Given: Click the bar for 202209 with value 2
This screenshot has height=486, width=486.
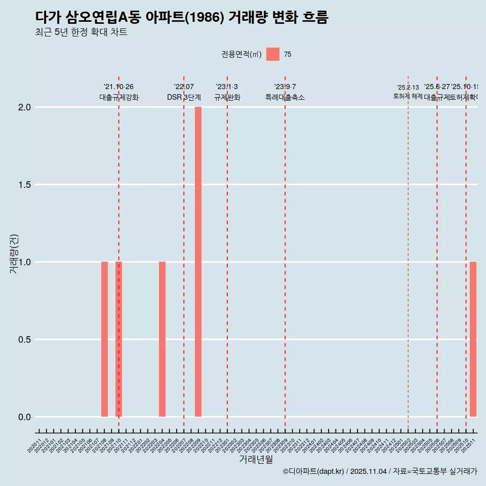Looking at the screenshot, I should pos(198,262).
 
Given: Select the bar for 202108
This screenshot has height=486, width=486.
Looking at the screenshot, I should pos(104,339).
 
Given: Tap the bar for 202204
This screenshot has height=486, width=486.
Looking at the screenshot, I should pos(162,339).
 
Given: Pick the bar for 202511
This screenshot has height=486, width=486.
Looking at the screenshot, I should pos(473,339).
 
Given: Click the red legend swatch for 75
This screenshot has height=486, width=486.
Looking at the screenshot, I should pos(272,54).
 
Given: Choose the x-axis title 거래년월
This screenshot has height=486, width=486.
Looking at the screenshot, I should pos(256,460).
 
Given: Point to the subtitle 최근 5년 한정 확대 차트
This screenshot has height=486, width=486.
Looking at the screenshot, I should pos(81,32).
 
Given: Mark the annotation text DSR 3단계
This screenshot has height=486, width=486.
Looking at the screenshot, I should pos(184,97).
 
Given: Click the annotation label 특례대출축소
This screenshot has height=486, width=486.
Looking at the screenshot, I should pos(285,97).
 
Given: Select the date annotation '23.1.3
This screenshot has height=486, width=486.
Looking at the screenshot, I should pos(227,87).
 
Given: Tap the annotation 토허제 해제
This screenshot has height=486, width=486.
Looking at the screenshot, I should pos(408,96).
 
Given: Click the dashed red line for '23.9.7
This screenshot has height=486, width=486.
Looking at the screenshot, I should pos(285,253).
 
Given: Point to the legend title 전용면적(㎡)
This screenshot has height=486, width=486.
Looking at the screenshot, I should pos(241,55).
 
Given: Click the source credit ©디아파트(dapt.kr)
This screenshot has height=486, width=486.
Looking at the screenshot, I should pos(313,471).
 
